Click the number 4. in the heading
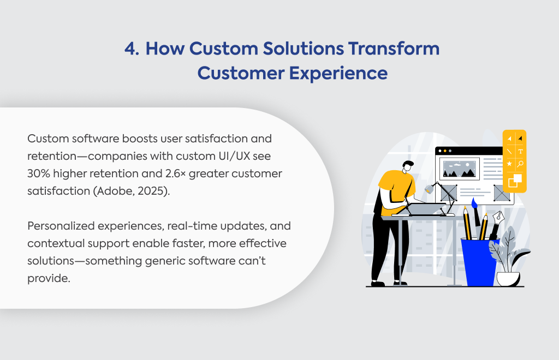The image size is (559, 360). [132, 49]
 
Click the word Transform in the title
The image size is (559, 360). [394, 49]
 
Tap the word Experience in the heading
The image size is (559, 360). [338, 73]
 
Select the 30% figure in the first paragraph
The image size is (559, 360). [39, 173]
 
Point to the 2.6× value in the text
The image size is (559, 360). [175, 173]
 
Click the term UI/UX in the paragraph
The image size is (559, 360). [231, 156]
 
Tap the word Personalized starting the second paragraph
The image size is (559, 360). [61, 226]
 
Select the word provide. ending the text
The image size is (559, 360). [49, 279]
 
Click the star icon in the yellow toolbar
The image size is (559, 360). [509, 164]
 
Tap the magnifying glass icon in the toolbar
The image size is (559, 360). [520, 164]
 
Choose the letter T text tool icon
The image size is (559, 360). [520, 151]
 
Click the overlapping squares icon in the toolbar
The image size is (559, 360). [514, 180]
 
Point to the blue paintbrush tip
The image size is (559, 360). [474, 203]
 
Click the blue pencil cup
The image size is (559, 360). [479, 262]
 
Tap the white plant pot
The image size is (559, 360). [508, 279]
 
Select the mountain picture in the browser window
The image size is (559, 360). [459, 169]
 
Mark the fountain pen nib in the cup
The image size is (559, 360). [498, 217]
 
